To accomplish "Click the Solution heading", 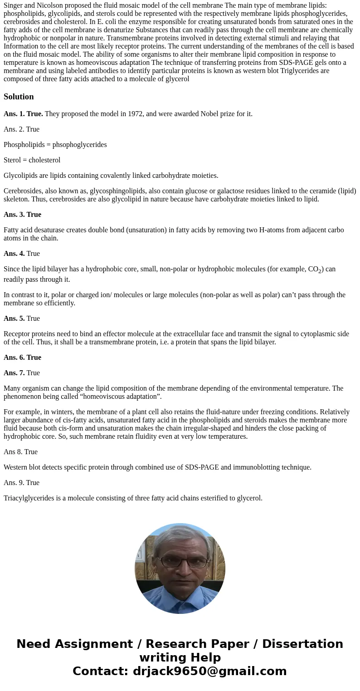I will click(x=19, y=97).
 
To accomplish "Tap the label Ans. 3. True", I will click(x=22, y=215).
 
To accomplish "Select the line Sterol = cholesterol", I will click(x=32, y=160).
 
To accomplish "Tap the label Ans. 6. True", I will click(x=22, y=358).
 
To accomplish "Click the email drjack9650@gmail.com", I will click(x=209, y=671).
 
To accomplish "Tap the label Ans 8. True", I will click(x=20, y=452).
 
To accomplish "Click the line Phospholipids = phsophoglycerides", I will click(x=55, y=145).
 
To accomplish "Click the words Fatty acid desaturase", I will click(x=34, y=230).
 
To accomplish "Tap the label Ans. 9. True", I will click(x=21, y=483).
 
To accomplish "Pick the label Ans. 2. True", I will click(x=21, y=129).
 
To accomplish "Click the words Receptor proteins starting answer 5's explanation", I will click(x=29, y=334).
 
